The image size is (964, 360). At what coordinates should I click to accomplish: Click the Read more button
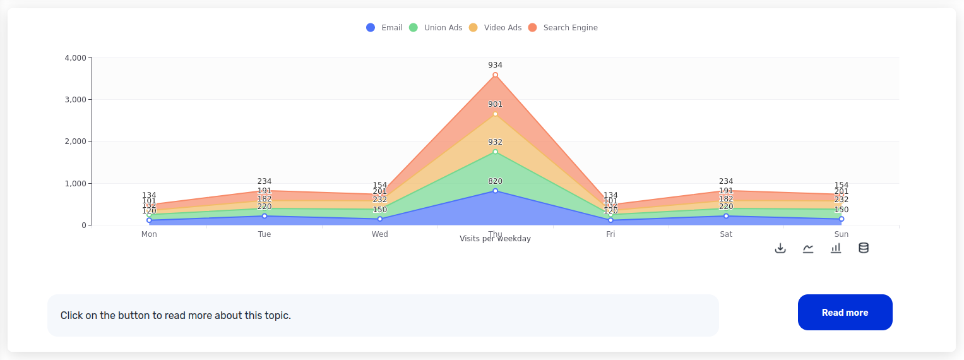coord(845,312)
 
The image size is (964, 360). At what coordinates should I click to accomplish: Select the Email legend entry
coord(384,28)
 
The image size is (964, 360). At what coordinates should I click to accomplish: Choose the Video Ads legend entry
coord(496,28)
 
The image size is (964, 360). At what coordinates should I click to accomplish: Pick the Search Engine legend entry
coord(563,28)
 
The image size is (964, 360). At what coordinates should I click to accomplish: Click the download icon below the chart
coord(780,248)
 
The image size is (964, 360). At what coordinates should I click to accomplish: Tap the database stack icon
coord(864,248)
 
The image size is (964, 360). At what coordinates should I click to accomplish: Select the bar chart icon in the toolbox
coord(836,248)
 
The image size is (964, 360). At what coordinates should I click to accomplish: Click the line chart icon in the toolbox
coord(808,248)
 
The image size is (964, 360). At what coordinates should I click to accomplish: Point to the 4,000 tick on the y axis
coord(75,58)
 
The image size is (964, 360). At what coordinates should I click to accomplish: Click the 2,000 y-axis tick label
coord(75,141)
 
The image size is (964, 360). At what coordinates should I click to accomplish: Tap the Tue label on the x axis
coord(265,234)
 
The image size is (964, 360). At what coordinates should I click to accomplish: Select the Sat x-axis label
coord(726,234)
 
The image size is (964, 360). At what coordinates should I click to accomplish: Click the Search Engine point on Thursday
coord(495,75)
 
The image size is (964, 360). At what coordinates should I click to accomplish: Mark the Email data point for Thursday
coord(495,191)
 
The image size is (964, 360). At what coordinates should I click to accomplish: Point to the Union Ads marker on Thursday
coord(495,152)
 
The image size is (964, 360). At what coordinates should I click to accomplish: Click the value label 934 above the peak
coord(495,65)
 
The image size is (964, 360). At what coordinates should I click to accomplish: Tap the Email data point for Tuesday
coord(265,216)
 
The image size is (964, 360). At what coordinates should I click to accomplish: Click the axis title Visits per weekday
coord(495,239)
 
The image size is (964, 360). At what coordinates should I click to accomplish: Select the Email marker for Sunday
coord(842,219)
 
